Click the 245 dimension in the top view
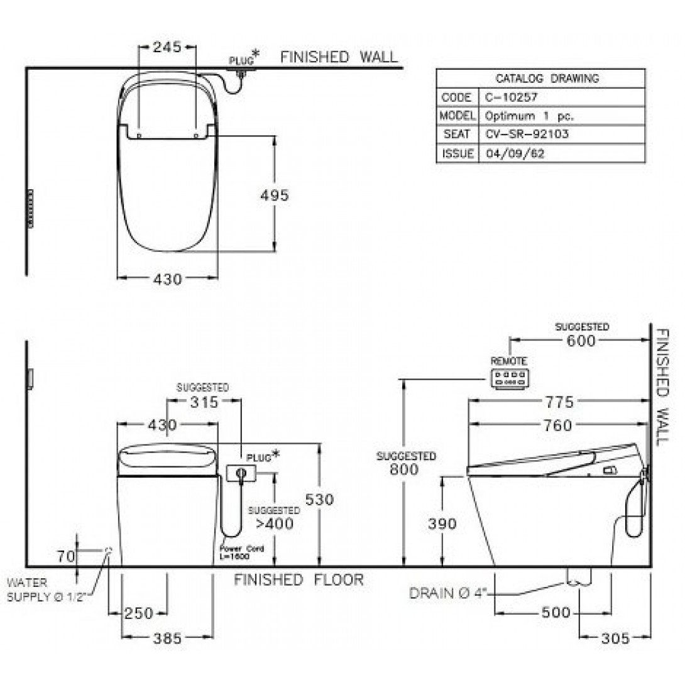click(x=167, y=47)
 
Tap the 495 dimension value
click(x=275, y=195)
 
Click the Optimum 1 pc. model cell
click(x=529, y=116)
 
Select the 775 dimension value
click(x=559, y=402)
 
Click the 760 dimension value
click(x=559, y=425)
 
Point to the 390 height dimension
click(x=443, y=523)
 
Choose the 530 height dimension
click(x=321, y=499)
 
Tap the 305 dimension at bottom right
click(x=615, y=638)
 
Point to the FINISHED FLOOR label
click(x=299, y=579)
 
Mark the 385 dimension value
click(x=167, y=638)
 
